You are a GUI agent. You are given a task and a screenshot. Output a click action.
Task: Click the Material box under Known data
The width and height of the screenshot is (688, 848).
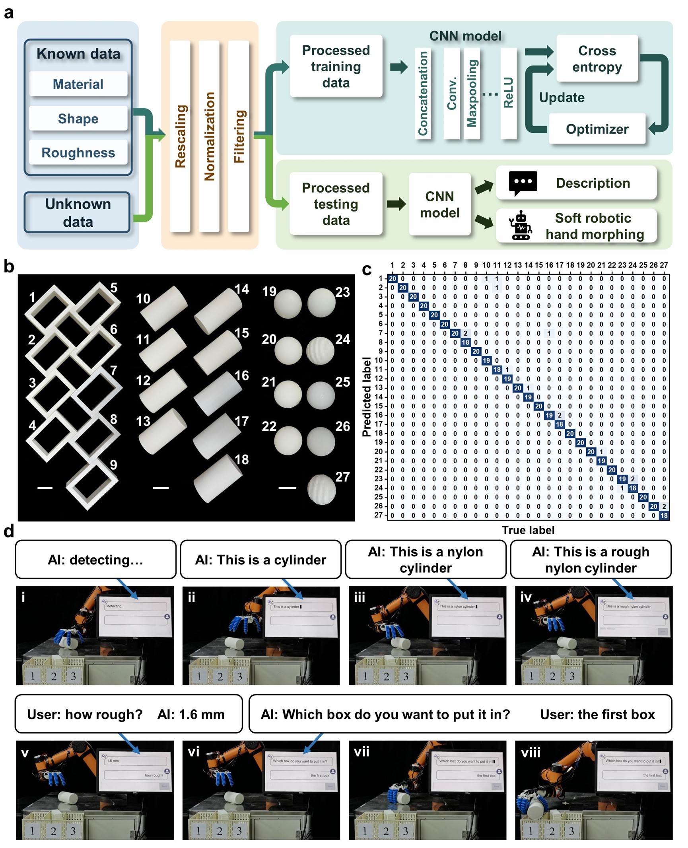(78, 84)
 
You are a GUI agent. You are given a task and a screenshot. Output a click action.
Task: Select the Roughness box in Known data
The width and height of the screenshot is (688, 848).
(78, 152)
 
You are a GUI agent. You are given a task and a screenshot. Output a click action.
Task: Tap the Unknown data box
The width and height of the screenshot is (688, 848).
(78, 212)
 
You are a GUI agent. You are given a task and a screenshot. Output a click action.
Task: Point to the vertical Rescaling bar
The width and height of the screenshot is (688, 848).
(180, 136)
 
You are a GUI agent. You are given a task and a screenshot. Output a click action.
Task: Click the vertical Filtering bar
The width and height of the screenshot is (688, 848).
(239, 136)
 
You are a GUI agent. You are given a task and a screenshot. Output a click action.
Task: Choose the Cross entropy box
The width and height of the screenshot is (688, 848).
(597, 58)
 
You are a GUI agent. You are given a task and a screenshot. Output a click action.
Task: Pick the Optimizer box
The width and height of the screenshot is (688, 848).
(597, 129)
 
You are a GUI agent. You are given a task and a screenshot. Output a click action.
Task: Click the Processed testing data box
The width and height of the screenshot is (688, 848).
(336, 204)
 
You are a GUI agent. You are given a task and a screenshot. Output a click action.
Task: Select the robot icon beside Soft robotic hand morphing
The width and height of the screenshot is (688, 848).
(521, 226)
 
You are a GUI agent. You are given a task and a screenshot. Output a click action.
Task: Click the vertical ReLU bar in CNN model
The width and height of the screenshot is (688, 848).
(508, 93)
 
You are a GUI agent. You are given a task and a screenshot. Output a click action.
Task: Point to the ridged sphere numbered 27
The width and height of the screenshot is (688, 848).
(321, 489)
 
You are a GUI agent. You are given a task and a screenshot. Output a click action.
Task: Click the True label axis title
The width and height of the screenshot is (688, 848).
(528, 530)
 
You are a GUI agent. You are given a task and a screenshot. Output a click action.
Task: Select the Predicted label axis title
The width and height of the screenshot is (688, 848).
(367, 397)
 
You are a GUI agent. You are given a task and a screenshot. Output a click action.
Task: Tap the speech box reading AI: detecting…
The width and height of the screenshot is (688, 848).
(95, 559)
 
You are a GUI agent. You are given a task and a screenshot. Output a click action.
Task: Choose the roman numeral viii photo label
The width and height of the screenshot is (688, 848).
(531, 752)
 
